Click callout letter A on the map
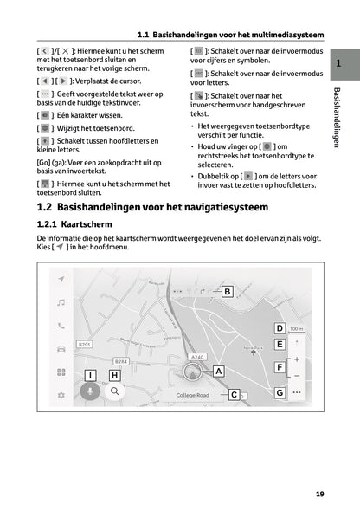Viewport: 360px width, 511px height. [x=218, y=371]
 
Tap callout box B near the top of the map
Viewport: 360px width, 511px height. [x=226, y=292]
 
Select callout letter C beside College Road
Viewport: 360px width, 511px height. [x=234, y=395]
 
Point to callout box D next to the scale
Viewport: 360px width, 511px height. [x=280, y=328]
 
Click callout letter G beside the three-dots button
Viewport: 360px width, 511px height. [x=280, y=392]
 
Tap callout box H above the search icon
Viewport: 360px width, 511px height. [x=114, y=375]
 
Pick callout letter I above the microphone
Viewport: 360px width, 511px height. [x=90, y=375]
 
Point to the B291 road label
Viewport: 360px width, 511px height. [x=85, y=345]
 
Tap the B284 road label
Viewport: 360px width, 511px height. [x=121, y=360]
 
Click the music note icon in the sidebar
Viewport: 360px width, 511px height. [x=61, y=302]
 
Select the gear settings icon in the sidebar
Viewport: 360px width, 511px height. [x=61, y=395]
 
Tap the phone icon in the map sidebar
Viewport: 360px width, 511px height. [x=61, y=326]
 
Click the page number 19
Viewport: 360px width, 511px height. [x=319, y=494]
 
